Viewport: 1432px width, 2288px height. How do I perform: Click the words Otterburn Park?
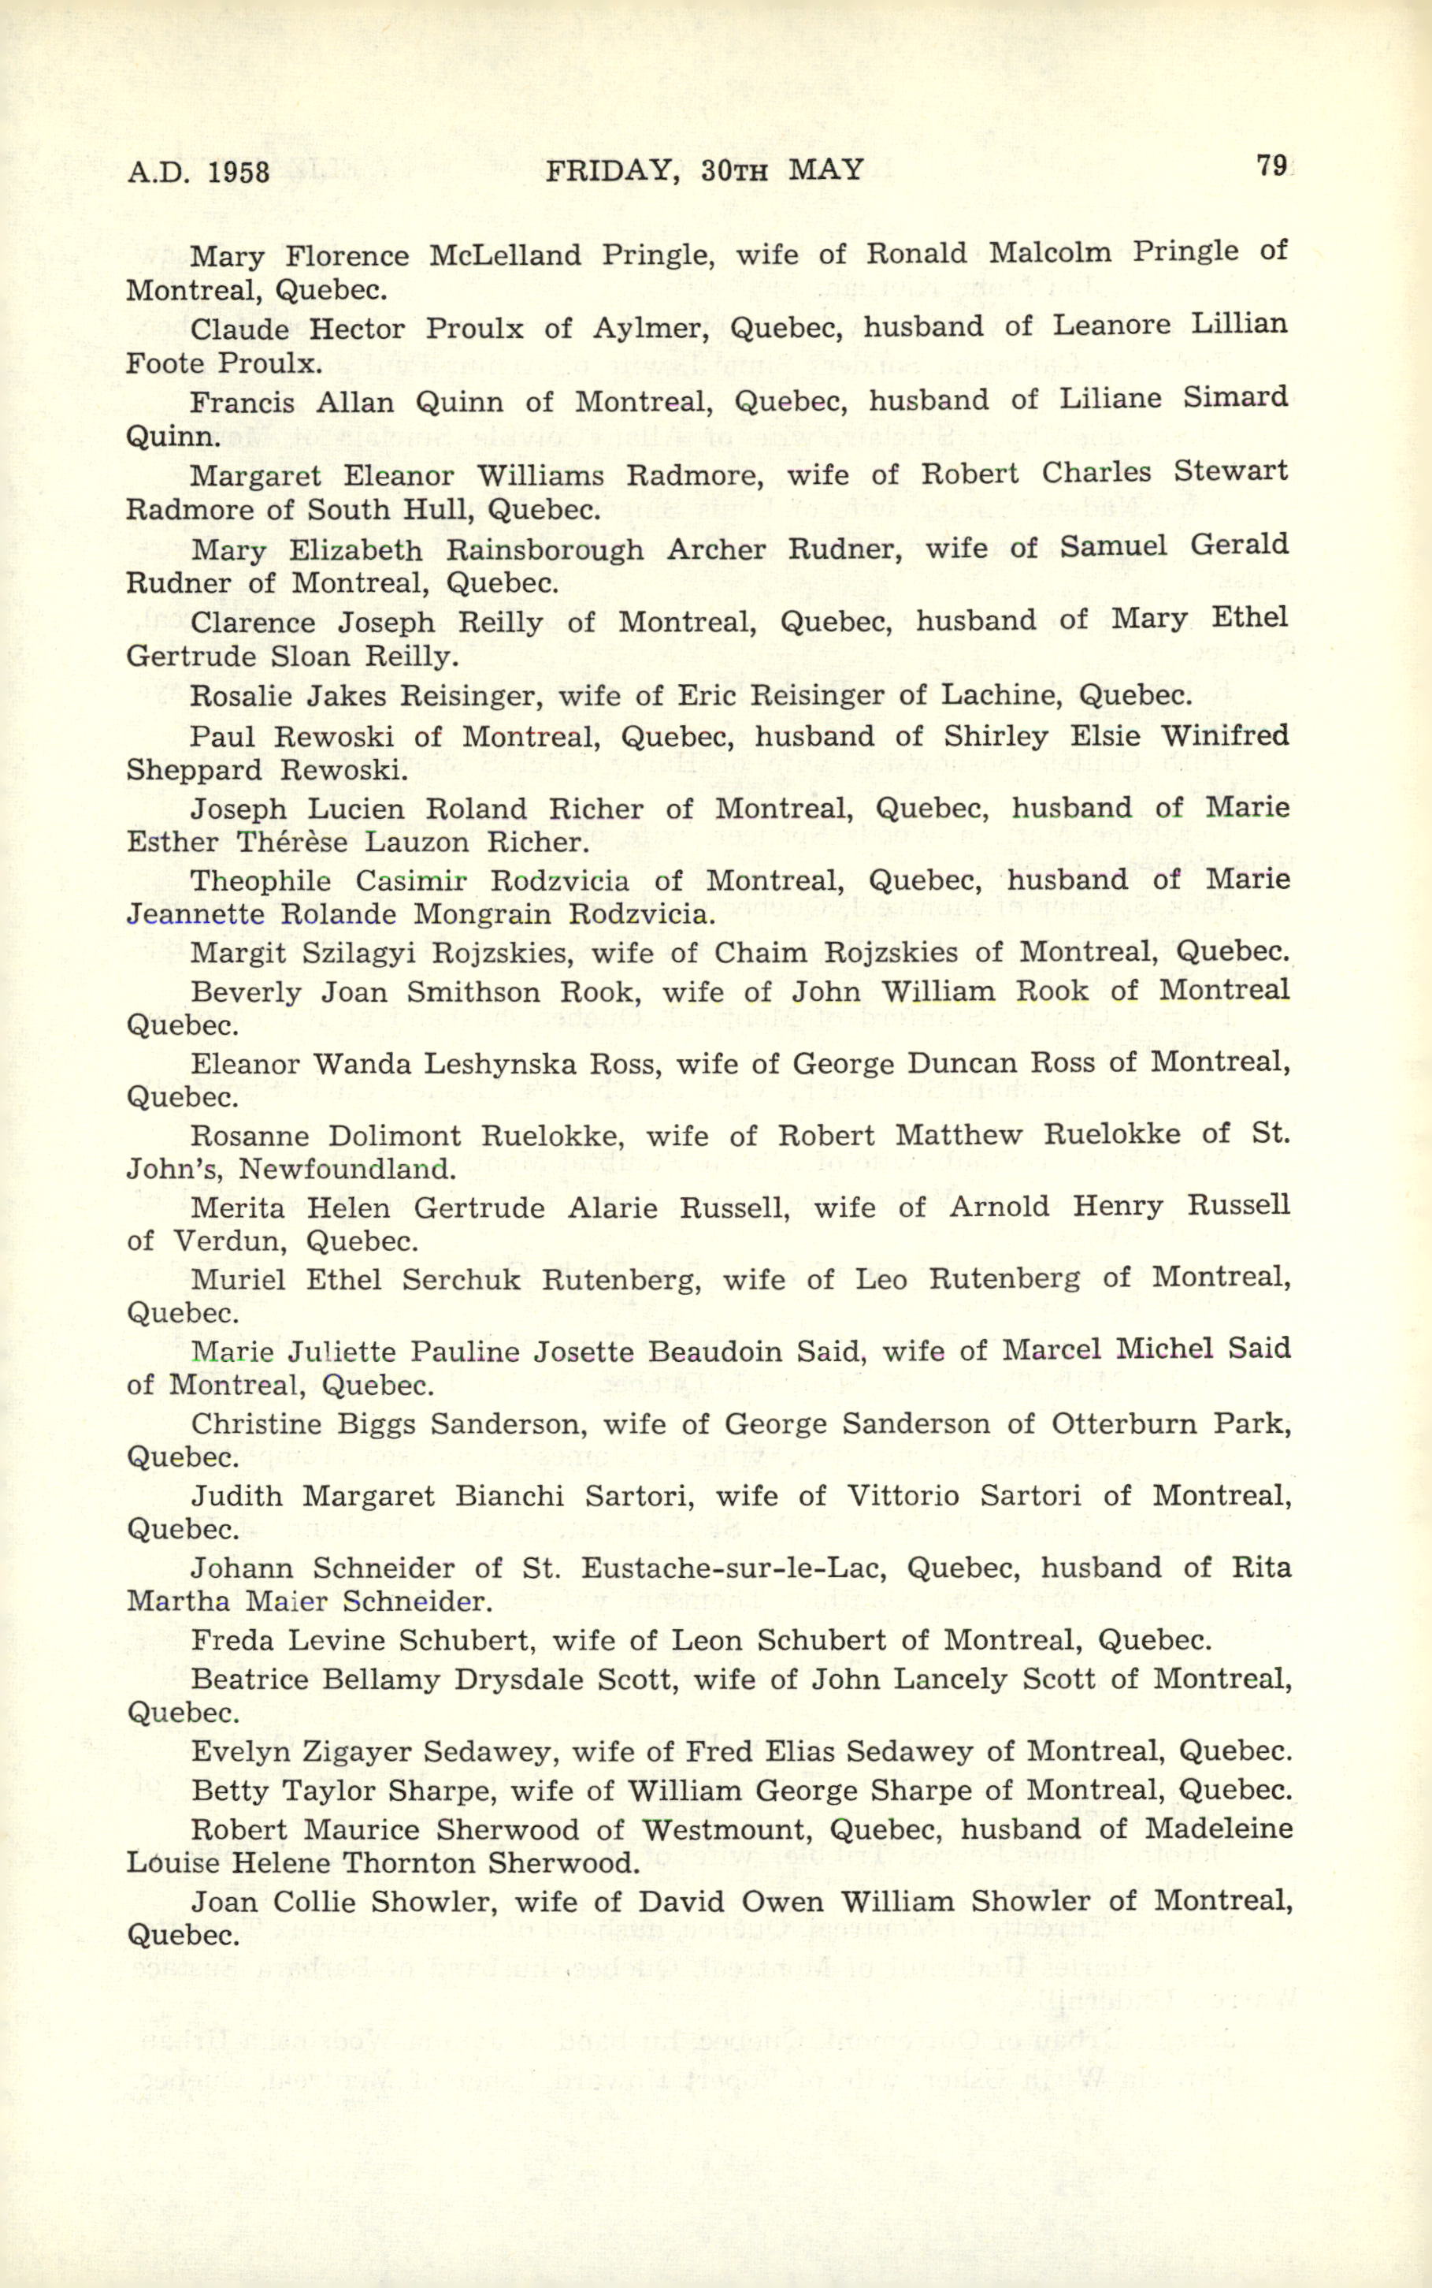point(1170,1424)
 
